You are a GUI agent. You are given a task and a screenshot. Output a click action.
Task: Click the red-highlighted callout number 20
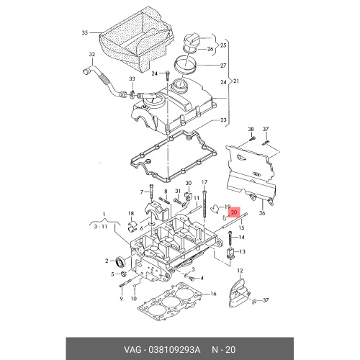point(234,212)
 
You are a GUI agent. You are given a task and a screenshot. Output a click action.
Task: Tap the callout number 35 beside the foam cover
point(85,32)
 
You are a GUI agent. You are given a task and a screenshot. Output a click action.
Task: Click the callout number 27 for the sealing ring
point(223,66)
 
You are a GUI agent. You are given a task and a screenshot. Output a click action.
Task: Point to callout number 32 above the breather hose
point(92,55)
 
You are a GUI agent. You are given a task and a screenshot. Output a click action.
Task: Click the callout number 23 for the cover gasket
point(223,120)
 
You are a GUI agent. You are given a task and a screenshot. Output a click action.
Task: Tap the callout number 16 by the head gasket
point(213,294)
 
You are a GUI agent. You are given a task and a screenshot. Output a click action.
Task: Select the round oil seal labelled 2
point(120,262)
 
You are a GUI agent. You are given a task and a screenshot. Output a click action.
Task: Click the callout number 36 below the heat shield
point(262,212)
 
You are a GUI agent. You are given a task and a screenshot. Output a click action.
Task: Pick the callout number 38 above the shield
point(251,129)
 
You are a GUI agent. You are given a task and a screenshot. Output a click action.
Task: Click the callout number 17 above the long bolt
point(204,182)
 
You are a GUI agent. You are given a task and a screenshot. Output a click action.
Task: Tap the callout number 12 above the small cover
point(240,271)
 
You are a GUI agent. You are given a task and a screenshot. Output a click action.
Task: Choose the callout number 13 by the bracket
point(243,251)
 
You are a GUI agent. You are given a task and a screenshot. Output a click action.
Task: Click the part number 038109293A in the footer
point(174,350)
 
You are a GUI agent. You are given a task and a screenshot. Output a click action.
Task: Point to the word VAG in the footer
point(132,350)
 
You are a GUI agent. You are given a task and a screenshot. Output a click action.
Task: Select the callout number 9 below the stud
point(122,299)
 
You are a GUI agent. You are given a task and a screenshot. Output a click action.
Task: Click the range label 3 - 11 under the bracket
point(100,226)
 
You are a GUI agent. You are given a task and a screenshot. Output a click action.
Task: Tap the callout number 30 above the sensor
point(189,183)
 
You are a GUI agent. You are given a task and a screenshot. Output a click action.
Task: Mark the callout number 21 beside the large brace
point(236,81)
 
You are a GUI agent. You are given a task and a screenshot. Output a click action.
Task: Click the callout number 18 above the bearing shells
point(131,213)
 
